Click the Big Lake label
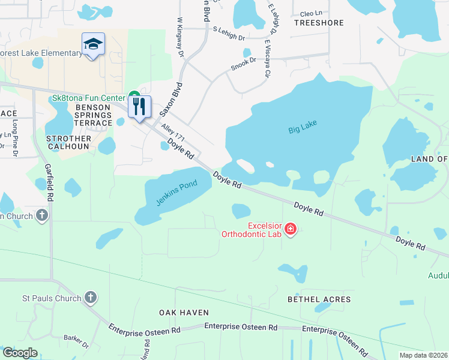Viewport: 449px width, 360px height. [302, 127]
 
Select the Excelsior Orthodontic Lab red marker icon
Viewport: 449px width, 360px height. [291, 229]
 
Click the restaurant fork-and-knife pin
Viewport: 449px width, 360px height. [139, 107]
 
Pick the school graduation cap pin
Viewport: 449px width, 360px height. [93, 44]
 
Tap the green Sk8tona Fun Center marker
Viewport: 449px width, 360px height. [134, 97]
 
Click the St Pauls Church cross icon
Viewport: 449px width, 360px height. [90, 298]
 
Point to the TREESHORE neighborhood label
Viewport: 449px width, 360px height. [319, 23]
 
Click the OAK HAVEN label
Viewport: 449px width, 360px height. [184, 313]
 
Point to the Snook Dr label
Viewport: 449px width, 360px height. [244, 63]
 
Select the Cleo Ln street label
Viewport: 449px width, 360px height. [311, 12]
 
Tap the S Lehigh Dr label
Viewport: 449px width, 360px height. [229, 33]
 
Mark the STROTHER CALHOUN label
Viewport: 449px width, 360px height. [68, 143]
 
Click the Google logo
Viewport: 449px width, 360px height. [20, 353]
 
